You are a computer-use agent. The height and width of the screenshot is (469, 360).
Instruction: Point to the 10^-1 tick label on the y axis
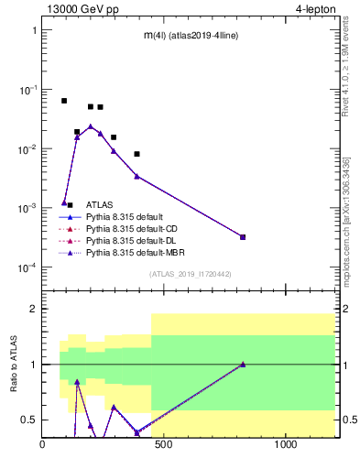click(x=28, y=89)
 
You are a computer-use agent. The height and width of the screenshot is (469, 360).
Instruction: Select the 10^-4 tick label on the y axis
click(x=28, y=267)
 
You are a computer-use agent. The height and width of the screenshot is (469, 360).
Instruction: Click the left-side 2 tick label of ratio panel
click(x=32, y=309)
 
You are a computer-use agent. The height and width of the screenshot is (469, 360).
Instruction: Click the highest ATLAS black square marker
click(x=64, y=101)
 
